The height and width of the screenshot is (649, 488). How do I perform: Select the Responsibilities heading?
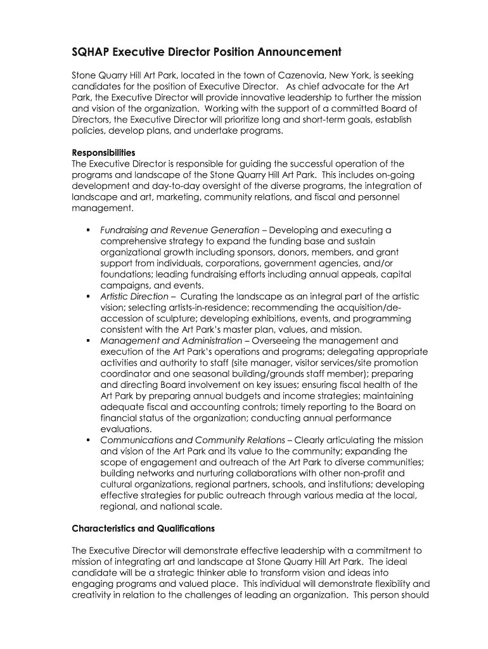[103, 153]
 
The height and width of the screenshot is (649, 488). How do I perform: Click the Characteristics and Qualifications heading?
[143, 528]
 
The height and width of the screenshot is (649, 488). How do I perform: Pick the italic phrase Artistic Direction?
[134, 297]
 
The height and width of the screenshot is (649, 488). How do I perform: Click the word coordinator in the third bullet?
[125, 374]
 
